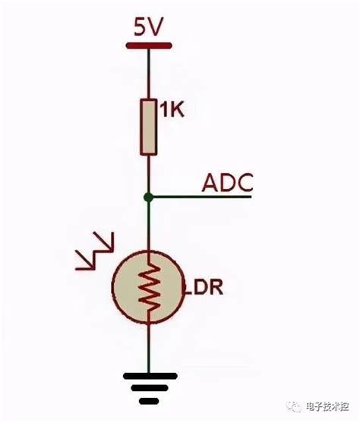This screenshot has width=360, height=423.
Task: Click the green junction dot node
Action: pos(149,197)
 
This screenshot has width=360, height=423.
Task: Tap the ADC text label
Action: pos(227,183)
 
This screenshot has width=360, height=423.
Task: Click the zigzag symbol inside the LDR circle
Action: pos(149,286)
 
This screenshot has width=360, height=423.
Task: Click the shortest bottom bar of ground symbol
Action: pos(149,399)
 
